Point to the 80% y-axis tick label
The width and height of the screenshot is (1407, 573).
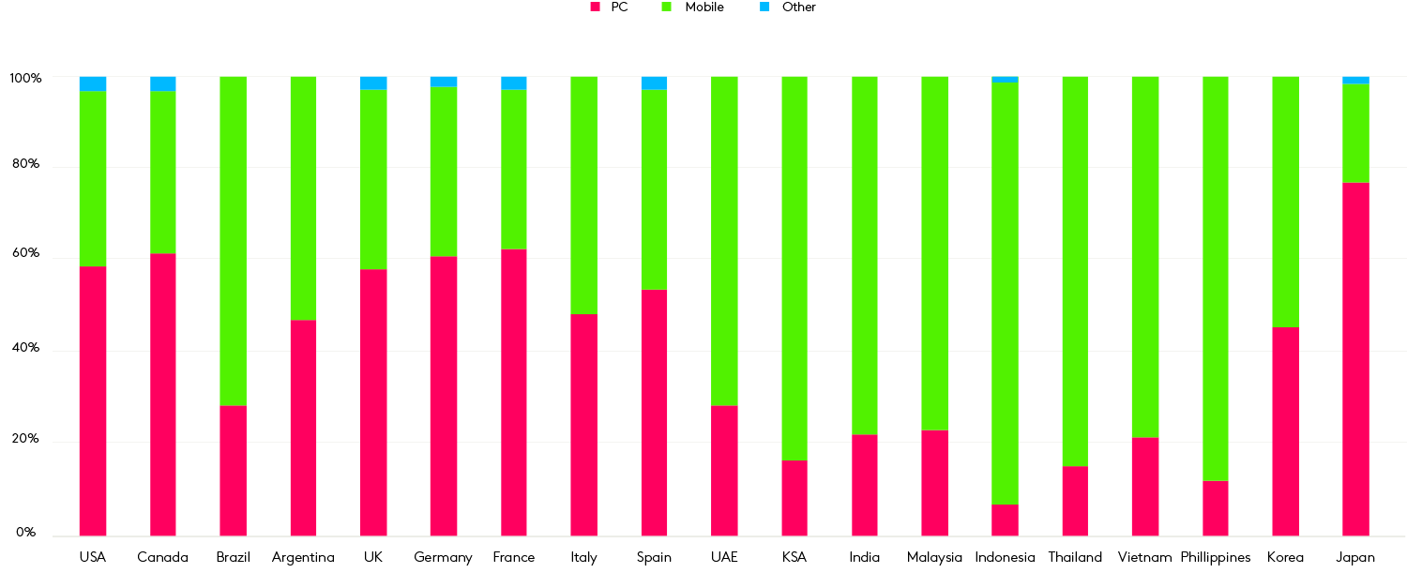click(24, 164)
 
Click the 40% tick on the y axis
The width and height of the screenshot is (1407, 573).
click(24, 348)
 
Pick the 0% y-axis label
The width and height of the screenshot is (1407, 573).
click(24, 533)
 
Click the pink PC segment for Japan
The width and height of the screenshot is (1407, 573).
click(1355, 359)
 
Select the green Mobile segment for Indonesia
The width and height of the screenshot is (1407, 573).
click(1005, 293)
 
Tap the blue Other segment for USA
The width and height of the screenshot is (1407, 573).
click(93, 83)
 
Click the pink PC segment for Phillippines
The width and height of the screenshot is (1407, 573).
click(1215, 508)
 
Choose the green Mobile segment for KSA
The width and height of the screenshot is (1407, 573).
click(794, 268)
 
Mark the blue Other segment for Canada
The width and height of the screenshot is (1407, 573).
click(162, 83)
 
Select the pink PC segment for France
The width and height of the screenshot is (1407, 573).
click(513, 392)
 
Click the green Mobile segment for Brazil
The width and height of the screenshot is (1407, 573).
click(233, 241)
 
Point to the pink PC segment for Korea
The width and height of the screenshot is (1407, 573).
click(1285, 431)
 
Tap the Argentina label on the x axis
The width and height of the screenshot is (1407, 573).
click(303, 558)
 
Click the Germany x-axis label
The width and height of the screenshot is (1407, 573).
click(443, 558)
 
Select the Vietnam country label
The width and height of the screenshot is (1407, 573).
click(1144, 558)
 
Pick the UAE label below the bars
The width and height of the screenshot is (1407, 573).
click(724, 558)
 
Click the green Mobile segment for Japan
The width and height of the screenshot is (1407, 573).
click(1355, 133)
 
